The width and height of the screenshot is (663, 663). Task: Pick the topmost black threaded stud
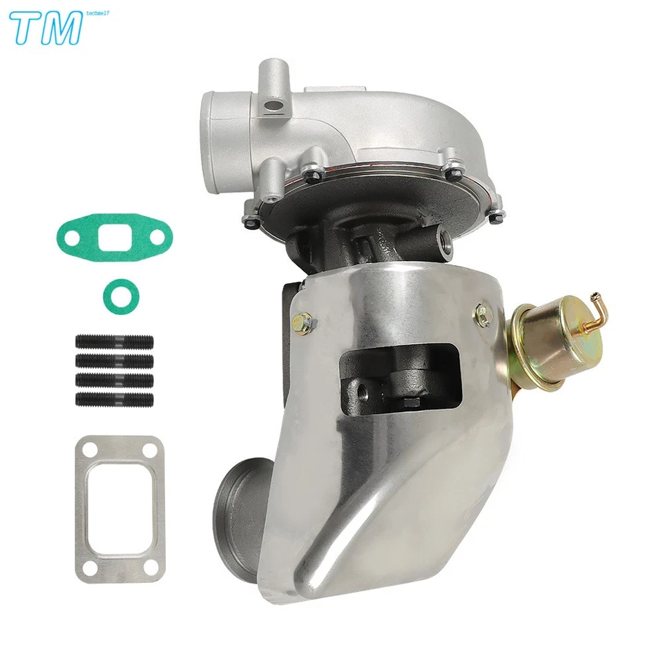pyautogui.click(x=113, y=343)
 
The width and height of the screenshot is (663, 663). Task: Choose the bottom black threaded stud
pyautogui.click(x=113, y=398)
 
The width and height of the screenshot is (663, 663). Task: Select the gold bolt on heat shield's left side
pyautogui.click(x=301, y=320)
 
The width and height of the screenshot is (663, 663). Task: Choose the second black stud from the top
pyautogui.click(x=113, y=361)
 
